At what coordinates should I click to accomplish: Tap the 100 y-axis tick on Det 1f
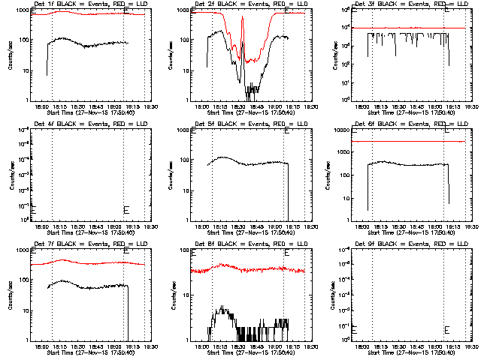point(24,40)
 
